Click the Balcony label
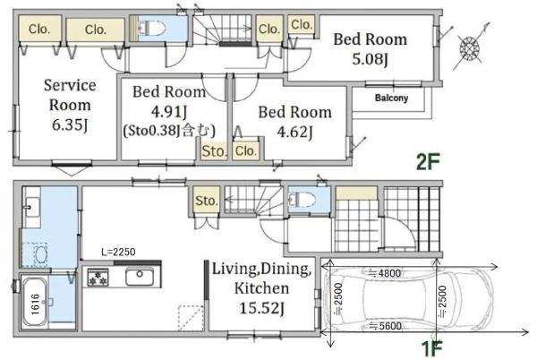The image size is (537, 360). pyautogui.click(x=391, y=98)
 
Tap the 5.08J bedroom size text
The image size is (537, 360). pyautogui.click(x=370, y=59)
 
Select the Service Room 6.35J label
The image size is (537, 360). pyautogui.click(x=70, y=105)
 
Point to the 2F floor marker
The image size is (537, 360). pyautogui.click(x=428, y=162)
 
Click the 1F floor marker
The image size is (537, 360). pyautogui.click(x=431, y=349)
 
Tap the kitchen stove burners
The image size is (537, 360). pyautogui.click(x=98, y=277)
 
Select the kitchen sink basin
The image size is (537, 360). pyautogui.click(x=140, y=277)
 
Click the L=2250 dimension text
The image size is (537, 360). pyautogui.click(x=118, y=253)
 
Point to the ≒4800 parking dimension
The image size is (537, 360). pyautogui.click(x=384, y=273)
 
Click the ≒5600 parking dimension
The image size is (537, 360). pyautogui.click(x=385, y=326)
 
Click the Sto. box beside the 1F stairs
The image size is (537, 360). pyautogui.click(x=206, y=200)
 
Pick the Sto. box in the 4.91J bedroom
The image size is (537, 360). pyautogui.click(x=214, y=150)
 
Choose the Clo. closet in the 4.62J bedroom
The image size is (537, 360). pyautogui.click(x=245, y=150)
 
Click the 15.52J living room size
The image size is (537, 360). pyautogui.click(x=261, y=308)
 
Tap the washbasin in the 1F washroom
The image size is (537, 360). pyautogui.click(x=32, y=207)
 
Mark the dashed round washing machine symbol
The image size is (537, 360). pyautogui.click(x=41, y=254)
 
